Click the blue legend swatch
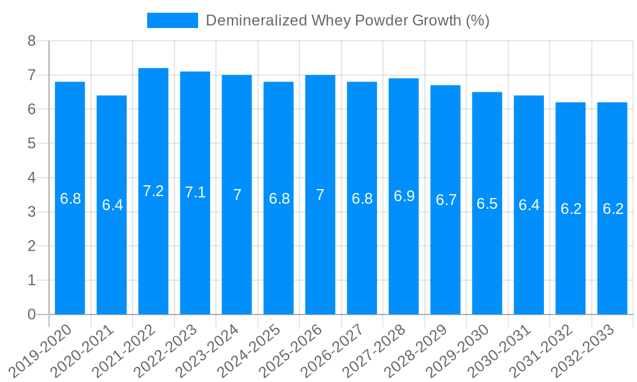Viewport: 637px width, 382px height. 172,20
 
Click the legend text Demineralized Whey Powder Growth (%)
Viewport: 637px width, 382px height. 347,20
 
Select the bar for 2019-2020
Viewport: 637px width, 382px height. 70,198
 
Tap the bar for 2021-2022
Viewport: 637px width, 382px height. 154,191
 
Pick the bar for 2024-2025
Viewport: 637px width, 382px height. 279,198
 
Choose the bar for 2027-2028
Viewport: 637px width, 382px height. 404,196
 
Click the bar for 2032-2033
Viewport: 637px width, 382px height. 612,208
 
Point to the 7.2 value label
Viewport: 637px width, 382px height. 154,191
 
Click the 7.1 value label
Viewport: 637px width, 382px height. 195,192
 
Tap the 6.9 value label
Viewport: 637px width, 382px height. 404,196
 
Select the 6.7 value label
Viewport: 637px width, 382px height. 446,200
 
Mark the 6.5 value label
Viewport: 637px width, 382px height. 487,204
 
